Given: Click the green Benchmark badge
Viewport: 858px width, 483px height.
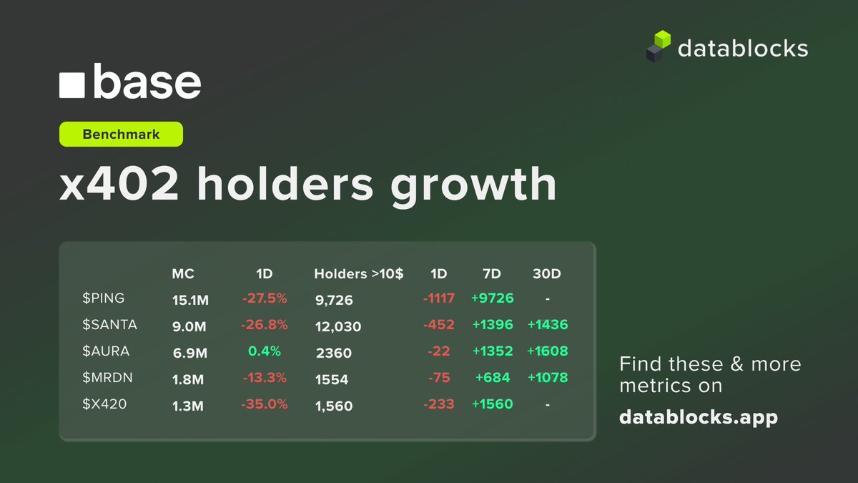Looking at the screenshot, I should click(x=121, y=135).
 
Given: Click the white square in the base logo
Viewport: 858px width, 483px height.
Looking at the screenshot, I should click(x=72, y=84).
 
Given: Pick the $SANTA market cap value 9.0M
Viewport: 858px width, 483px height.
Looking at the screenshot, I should click(x=189, y=326).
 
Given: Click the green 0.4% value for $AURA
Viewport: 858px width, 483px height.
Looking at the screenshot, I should click(x=265, y=351).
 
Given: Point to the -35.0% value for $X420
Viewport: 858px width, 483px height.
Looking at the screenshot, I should click(x=265, y=404).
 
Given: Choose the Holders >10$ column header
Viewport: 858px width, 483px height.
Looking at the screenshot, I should click(x=358, y=273).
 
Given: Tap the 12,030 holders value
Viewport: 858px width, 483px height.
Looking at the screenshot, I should click(x=338, y=326).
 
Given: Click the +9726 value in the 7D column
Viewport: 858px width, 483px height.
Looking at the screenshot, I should click(x=492, y=298).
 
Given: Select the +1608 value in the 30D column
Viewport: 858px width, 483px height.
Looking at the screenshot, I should click(x=547, y=351).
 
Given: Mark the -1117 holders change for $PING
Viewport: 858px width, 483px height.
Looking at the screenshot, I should click(x=439, y=298).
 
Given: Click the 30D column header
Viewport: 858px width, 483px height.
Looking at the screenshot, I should click(x=547, y=273).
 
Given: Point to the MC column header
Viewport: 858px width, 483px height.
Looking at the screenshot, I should click(x=183, y=273).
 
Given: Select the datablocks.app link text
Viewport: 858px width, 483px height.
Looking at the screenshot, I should click(x=698, y=417).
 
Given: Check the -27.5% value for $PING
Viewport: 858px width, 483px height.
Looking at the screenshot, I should click(x=265, y=298).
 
